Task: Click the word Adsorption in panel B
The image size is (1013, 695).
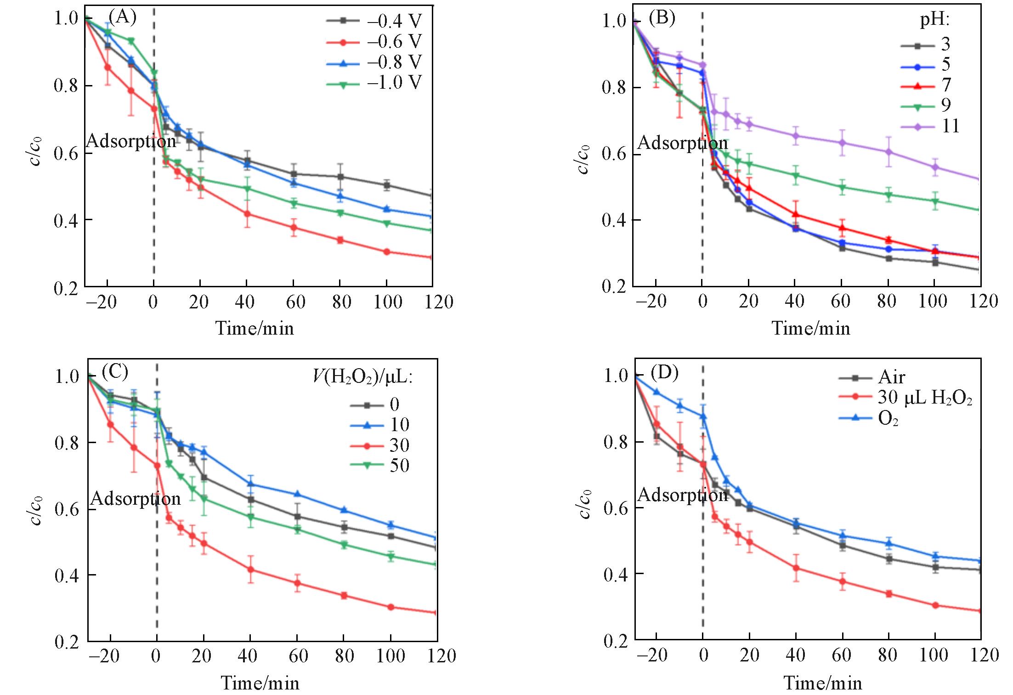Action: point(683,143)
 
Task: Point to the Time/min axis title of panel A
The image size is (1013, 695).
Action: point(255,328)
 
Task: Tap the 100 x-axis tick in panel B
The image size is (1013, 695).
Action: point(933,302)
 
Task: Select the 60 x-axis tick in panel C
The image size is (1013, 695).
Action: point(298,656)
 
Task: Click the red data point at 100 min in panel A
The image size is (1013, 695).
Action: point(386,252)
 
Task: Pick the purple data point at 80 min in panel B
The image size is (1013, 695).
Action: point(889,152)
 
